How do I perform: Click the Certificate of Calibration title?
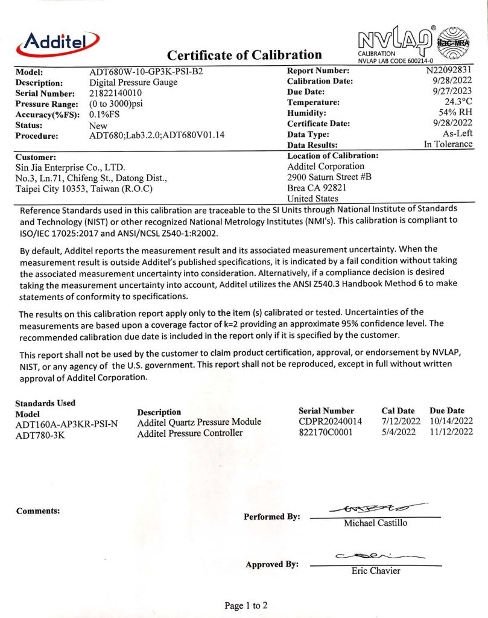point(244,56)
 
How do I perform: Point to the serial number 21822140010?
point(121,93)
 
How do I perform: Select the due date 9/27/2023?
point(451,92)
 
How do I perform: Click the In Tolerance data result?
point(448,145)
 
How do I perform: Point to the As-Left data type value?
point(457,134)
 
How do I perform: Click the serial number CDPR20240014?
point(330,421)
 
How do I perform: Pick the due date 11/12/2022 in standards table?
point(451,433)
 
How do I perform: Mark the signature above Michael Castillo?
point(375,510)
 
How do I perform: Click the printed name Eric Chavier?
point(375,571)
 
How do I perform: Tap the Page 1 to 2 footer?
point(246,605)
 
